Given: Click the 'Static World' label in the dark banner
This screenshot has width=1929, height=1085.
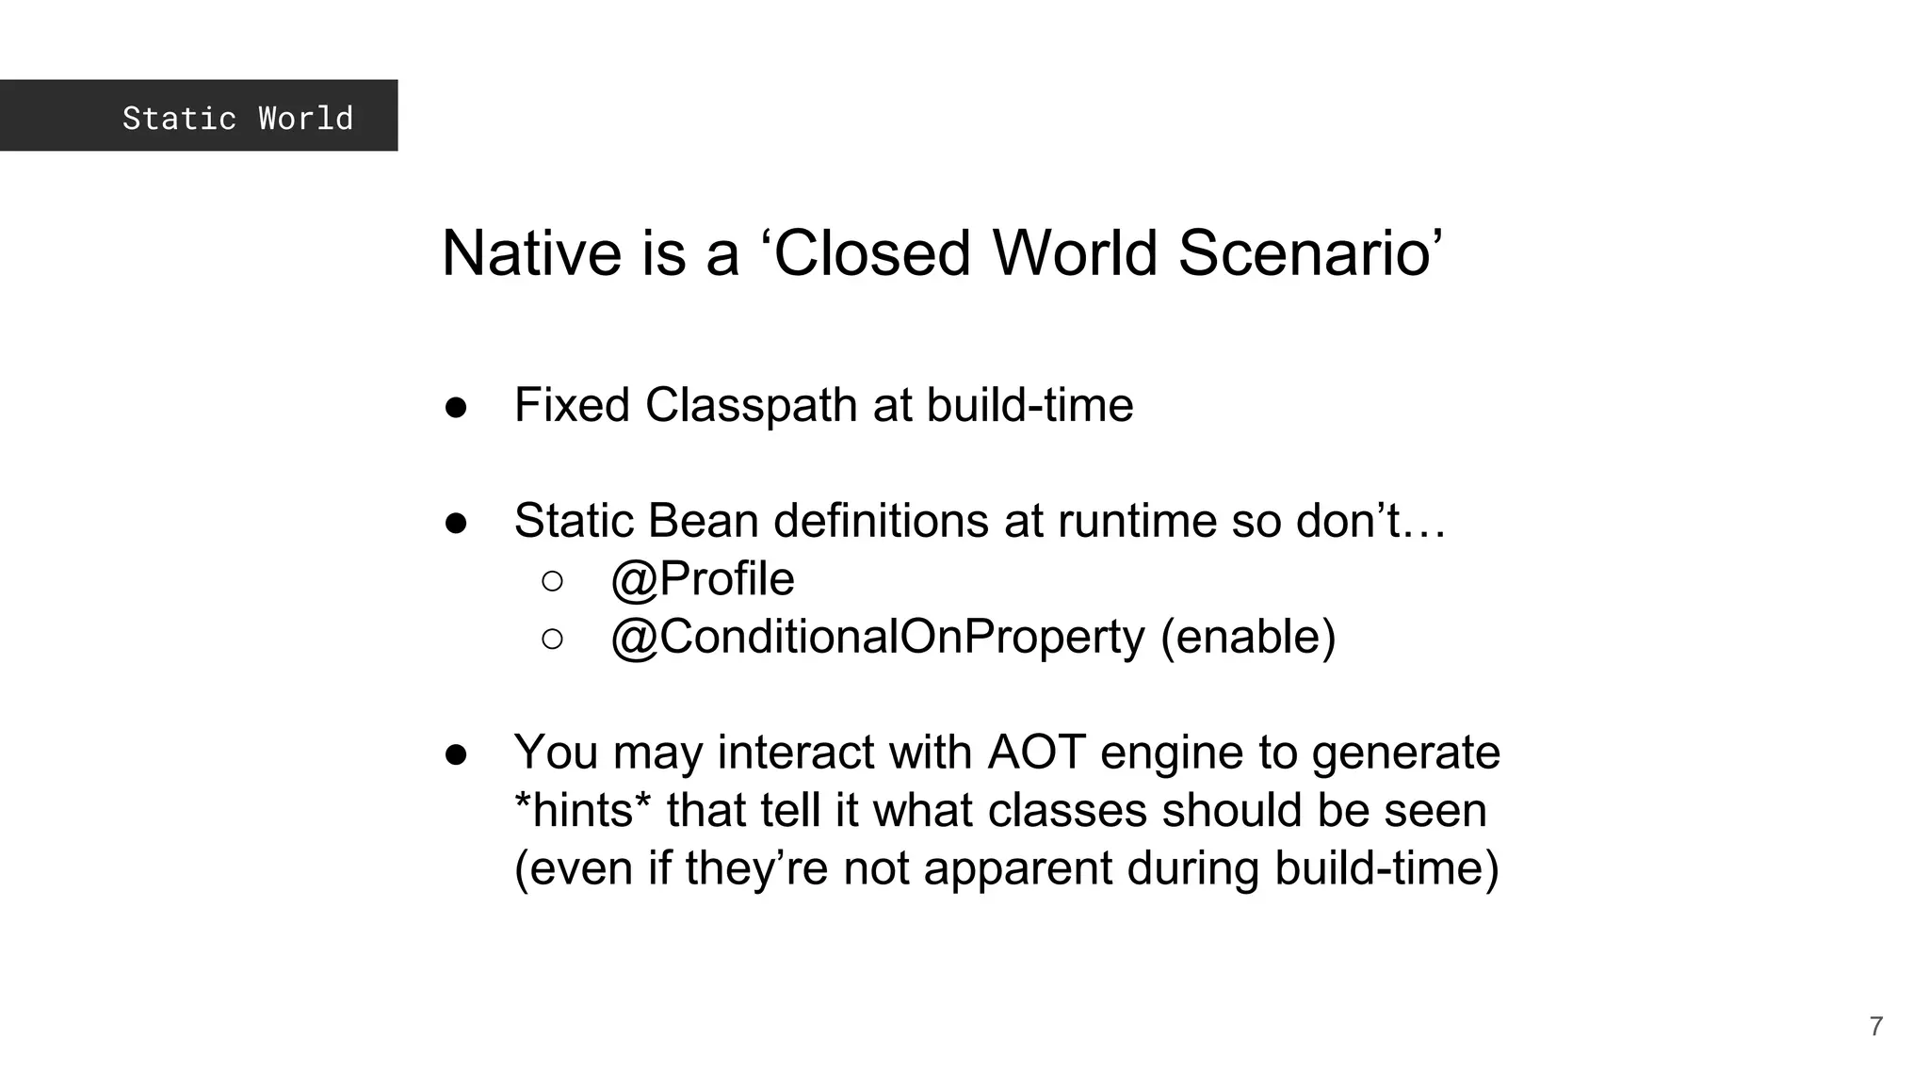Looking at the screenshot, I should (x=237, y=118).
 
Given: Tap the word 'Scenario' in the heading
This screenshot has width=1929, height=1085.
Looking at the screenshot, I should (x=1309, y=253).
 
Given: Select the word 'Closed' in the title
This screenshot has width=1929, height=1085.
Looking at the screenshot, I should (x=872, y=253).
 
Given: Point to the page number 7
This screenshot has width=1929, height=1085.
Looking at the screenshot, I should (x=1876, y=1027).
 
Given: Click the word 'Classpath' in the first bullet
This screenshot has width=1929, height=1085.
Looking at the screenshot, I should (x=751, y=406).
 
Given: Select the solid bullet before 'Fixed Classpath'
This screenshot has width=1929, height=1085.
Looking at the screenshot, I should (x=457, y=407).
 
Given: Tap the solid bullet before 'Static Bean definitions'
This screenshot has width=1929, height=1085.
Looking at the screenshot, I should (x=457, y=523).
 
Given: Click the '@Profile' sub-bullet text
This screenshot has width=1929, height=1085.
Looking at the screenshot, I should (x=703, y=578).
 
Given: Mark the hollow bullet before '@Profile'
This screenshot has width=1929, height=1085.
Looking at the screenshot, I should (x=553, y=581).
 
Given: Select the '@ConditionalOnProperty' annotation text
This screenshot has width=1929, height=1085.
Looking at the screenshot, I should (x=878, y=637).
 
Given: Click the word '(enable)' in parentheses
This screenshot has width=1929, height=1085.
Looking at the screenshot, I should (x=1248, y=637).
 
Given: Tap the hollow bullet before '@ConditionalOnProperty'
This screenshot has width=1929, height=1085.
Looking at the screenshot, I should (x=553, y=640).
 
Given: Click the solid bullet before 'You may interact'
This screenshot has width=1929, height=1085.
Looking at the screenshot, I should (x=457, y=753).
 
